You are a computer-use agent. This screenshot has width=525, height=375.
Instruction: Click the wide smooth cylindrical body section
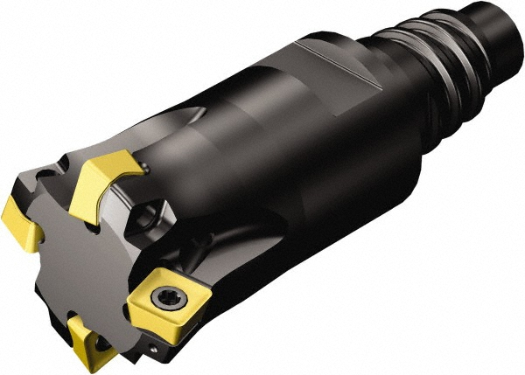(289, 157)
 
